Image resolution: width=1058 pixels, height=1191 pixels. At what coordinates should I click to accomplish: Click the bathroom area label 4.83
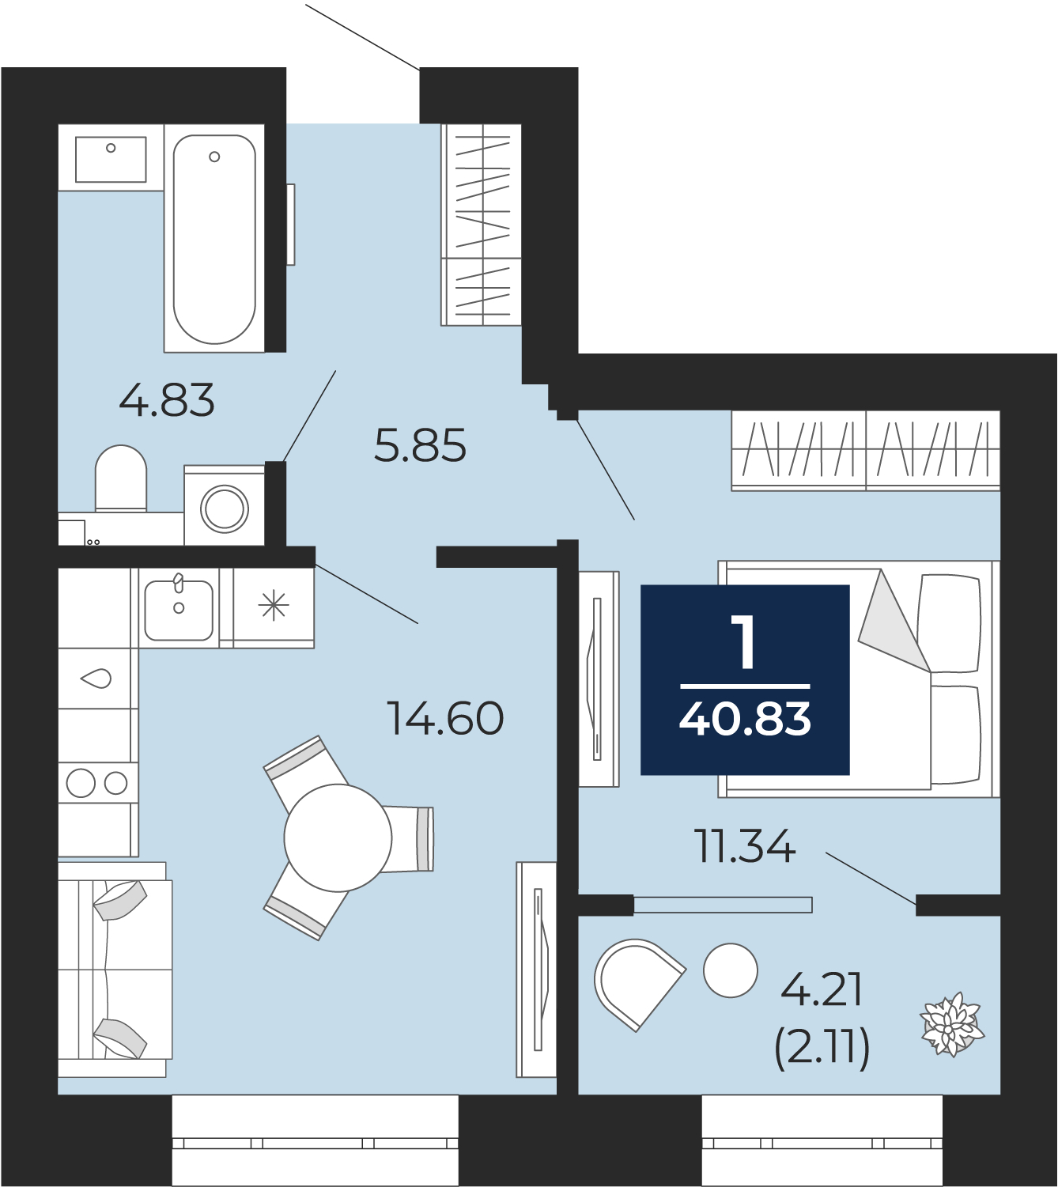[x=166, y=399]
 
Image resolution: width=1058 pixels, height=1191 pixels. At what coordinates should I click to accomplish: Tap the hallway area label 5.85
[x=420, y=444]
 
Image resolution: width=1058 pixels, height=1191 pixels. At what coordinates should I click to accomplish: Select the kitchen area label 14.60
[x=445, y=718]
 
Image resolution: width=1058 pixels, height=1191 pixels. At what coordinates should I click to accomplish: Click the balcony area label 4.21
[x=821, y=990]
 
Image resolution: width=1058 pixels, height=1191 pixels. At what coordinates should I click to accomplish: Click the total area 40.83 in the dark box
[x=745, y=720]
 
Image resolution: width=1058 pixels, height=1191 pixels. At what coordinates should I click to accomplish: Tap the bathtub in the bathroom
[x=214, y=239]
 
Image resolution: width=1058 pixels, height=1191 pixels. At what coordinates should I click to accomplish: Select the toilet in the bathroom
[x=121, y=478]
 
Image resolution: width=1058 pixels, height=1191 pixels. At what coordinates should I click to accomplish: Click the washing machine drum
[x=224, y=508]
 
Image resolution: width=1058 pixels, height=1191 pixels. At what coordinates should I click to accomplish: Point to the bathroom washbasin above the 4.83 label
[x=111, y=159]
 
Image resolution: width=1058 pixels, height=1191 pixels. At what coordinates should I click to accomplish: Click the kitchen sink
[x=179, y=610]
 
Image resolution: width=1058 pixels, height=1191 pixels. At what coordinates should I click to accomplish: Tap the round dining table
[x=338, y=837]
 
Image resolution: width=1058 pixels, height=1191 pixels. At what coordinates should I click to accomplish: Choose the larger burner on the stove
[x=81, y=783]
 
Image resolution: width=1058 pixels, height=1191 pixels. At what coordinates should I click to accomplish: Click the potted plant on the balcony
[x=951, y=1025]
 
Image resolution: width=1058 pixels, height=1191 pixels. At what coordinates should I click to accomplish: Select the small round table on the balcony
[x=731, y=970]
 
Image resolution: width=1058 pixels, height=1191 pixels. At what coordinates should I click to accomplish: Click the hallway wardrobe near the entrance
[x=482, y=225]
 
